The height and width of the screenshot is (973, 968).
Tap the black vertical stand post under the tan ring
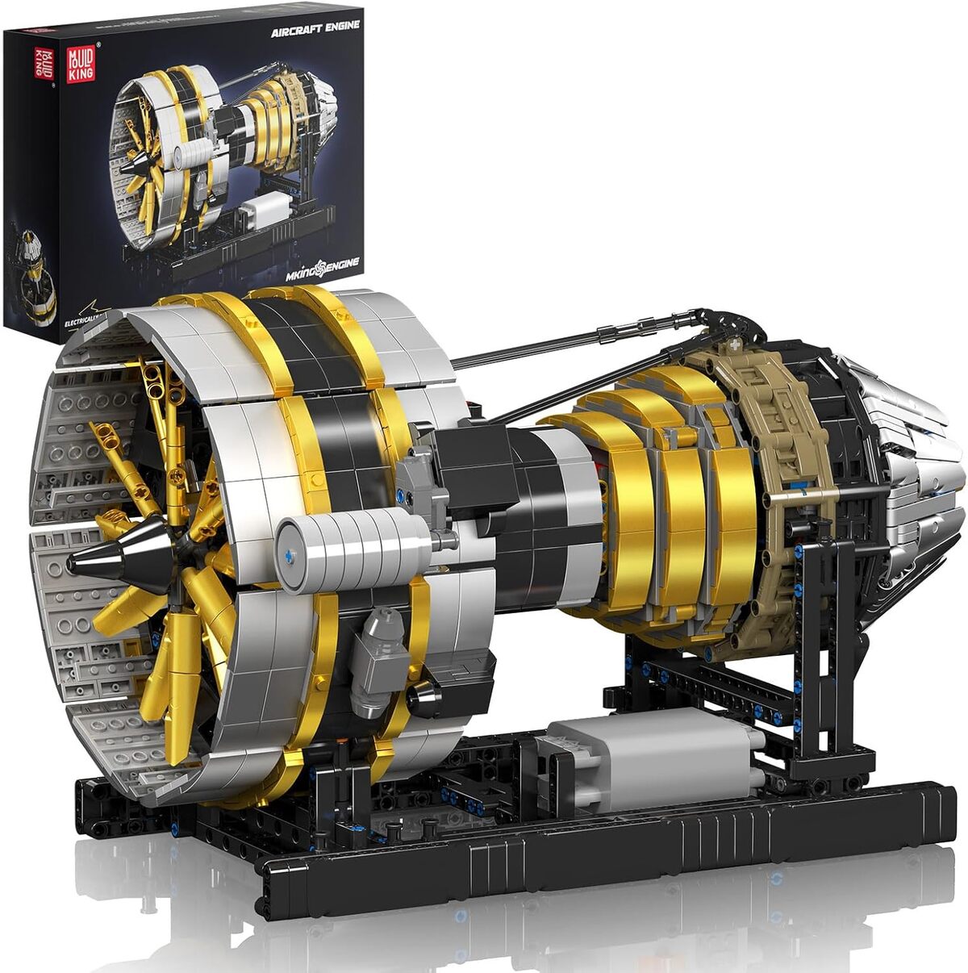[x=823, y=645]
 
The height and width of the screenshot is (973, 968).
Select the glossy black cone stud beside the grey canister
[x=424, y=700]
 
